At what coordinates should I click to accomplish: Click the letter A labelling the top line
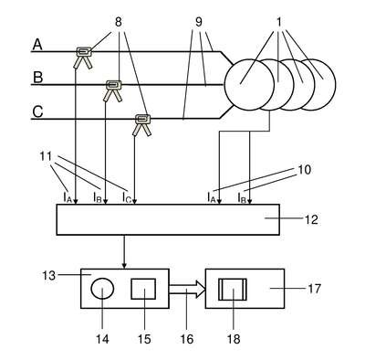pos(37,45)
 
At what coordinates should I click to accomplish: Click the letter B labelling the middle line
pos(37,78)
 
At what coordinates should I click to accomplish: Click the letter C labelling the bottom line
pos(37,111)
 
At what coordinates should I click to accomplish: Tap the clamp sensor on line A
pos(83,57)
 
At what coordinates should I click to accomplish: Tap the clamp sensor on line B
pos(113,90)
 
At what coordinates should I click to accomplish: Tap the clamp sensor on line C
pos(142,124)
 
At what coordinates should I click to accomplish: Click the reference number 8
pos(119,22)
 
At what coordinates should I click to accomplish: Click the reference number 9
pos(199,22)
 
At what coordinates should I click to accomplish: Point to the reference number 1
pos(279,22)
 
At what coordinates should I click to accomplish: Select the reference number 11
pos(47,156)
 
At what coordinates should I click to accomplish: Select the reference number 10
pos(303,170)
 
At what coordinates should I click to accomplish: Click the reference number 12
pos(310,219)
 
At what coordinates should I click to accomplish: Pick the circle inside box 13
pos(102,289)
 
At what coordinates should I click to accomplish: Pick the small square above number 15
pos(143,289)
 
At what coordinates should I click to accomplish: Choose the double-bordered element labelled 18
pos(233,289)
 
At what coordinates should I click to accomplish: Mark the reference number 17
pos(314,288)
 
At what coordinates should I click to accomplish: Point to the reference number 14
pos(102,338)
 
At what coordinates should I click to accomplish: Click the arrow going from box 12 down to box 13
pos(124,251)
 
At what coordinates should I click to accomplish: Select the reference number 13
pos(48,275)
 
